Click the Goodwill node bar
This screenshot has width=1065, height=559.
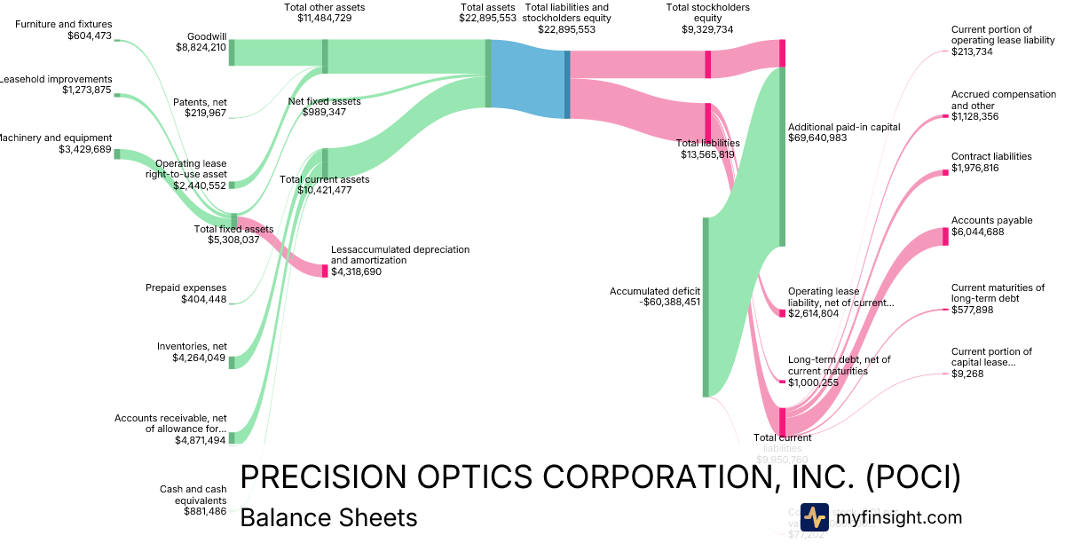click(x=232, y=52)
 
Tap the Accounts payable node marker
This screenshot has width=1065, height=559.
click(x=945, y=237)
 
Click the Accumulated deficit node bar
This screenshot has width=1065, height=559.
click(x=706, y=307)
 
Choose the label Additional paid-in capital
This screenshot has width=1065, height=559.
click(x=843, y=127)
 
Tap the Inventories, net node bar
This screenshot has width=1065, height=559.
click(x=232, y=361)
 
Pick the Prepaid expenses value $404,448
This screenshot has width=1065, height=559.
click(x=203, y=299)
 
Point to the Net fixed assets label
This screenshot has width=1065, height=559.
click(x=325, y=101)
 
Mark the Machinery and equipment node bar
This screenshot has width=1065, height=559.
click(x=116, y=154)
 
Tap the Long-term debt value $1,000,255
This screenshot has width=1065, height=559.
click(x=813, y=382)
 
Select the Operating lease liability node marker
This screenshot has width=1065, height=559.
click(x=782, y=312)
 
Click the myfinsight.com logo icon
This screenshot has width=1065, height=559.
click(x=814, y=517)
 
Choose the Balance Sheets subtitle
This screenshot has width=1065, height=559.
click(x=328, y=517)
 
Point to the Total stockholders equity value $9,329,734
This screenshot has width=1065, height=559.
click(x=707, y=28)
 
